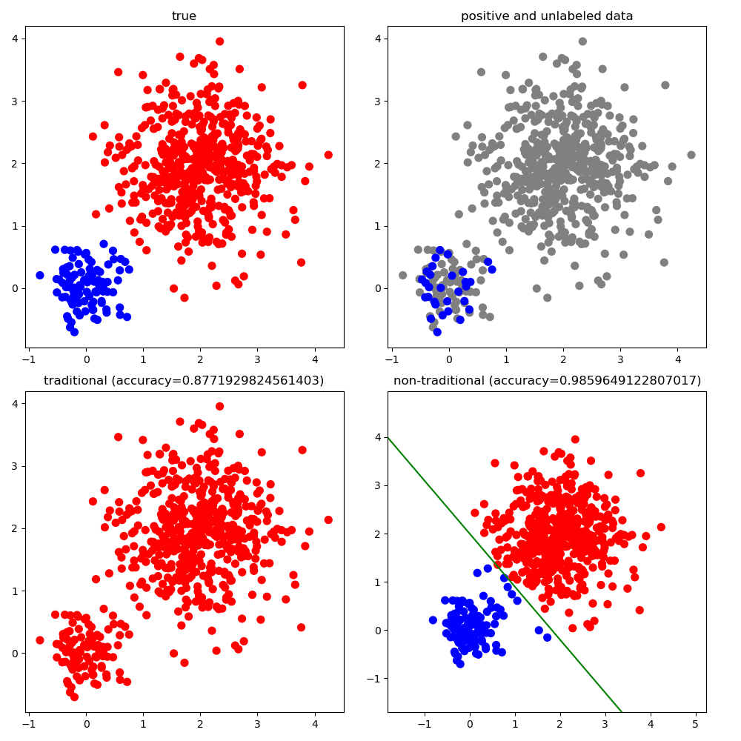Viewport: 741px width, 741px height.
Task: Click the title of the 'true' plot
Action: click(184, 16)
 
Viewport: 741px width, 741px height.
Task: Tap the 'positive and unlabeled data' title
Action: click(547, 16)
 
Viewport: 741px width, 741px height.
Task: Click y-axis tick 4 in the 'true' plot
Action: click(16, 39)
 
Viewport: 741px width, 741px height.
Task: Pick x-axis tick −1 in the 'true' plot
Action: click(29, 359)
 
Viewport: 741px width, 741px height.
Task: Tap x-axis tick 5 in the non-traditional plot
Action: click(695, 725)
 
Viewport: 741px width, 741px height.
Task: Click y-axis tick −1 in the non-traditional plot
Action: click(376, 679)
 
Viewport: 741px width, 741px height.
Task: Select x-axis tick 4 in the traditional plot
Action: click(315, 725)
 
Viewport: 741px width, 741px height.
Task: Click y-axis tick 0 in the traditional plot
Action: click(16, 654)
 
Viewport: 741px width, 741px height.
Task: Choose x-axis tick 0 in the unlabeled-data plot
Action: click(449, 359)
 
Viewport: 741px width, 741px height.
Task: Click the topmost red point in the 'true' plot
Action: click(219, 41)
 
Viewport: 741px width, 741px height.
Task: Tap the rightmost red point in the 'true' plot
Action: click(328, 155)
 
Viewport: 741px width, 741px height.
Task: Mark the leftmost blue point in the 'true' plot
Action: click(40, 275)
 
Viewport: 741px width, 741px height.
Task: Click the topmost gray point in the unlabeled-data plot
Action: click(582, 41)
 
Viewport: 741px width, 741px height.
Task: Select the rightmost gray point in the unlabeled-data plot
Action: click(691, 155)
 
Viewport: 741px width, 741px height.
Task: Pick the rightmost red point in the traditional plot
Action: click(328, 520)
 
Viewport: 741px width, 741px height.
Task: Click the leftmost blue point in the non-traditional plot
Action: click(433, 620)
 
